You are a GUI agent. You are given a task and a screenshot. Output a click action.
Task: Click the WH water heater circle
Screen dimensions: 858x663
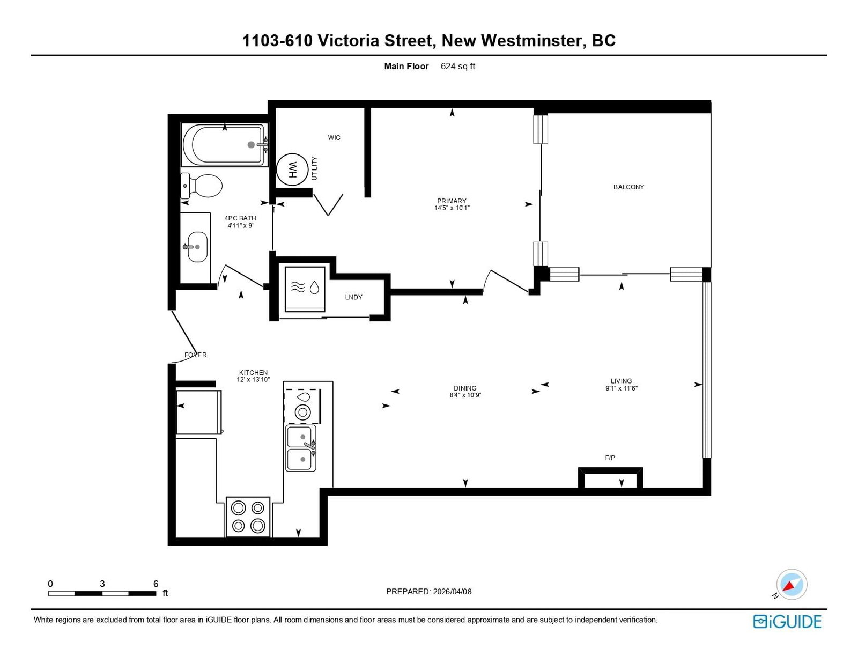(x=292, y=170)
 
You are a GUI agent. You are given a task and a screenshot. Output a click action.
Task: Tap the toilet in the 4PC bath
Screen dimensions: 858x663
(x=202, y=186)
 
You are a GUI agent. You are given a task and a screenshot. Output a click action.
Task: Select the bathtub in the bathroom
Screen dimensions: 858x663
(x=224, y=144)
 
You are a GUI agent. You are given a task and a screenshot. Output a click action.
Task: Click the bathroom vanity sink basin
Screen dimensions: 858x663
(x=197, y=247)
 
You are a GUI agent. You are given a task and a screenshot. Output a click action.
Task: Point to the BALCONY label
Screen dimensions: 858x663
(x=628, y=187)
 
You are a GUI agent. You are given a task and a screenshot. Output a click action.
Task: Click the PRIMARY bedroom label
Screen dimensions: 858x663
(x=452, y=201)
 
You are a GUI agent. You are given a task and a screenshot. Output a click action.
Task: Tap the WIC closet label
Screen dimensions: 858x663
(x=334, y=137)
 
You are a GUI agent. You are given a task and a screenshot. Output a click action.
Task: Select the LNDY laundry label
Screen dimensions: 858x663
(x=353, y=297)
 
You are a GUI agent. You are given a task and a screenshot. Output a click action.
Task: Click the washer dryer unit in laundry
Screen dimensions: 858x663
(x=305, y=289)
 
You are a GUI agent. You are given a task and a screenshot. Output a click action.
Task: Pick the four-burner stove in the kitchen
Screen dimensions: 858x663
(x=248, y=517)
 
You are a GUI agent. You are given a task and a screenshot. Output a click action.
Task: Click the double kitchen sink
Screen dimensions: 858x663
(x=301, y=448)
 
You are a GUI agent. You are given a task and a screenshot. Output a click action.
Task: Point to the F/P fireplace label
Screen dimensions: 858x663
(x=610, y=458)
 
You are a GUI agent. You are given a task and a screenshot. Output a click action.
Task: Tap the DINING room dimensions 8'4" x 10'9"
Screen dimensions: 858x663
(x=465, y=395)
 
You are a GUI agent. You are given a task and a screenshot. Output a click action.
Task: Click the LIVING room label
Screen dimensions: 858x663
(x=621, y=381)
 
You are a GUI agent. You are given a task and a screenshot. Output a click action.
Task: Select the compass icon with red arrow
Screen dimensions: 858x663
(x=792, y=585)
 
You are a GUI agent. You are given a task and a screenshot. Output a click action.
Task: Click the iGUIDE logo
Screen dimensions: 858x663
(x=787, y=622)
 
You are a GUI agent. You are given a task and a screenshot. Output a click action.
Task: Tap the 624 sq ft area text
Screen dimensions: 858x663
(x=457, y=67)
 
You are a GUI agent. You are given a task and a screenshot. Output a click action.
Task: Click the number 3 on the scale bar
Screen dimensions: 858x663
(x=102, y=584)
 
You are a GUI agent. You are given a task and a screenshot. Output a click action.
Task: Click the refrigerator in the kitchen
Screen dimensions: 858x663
(x=198, y=412)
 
